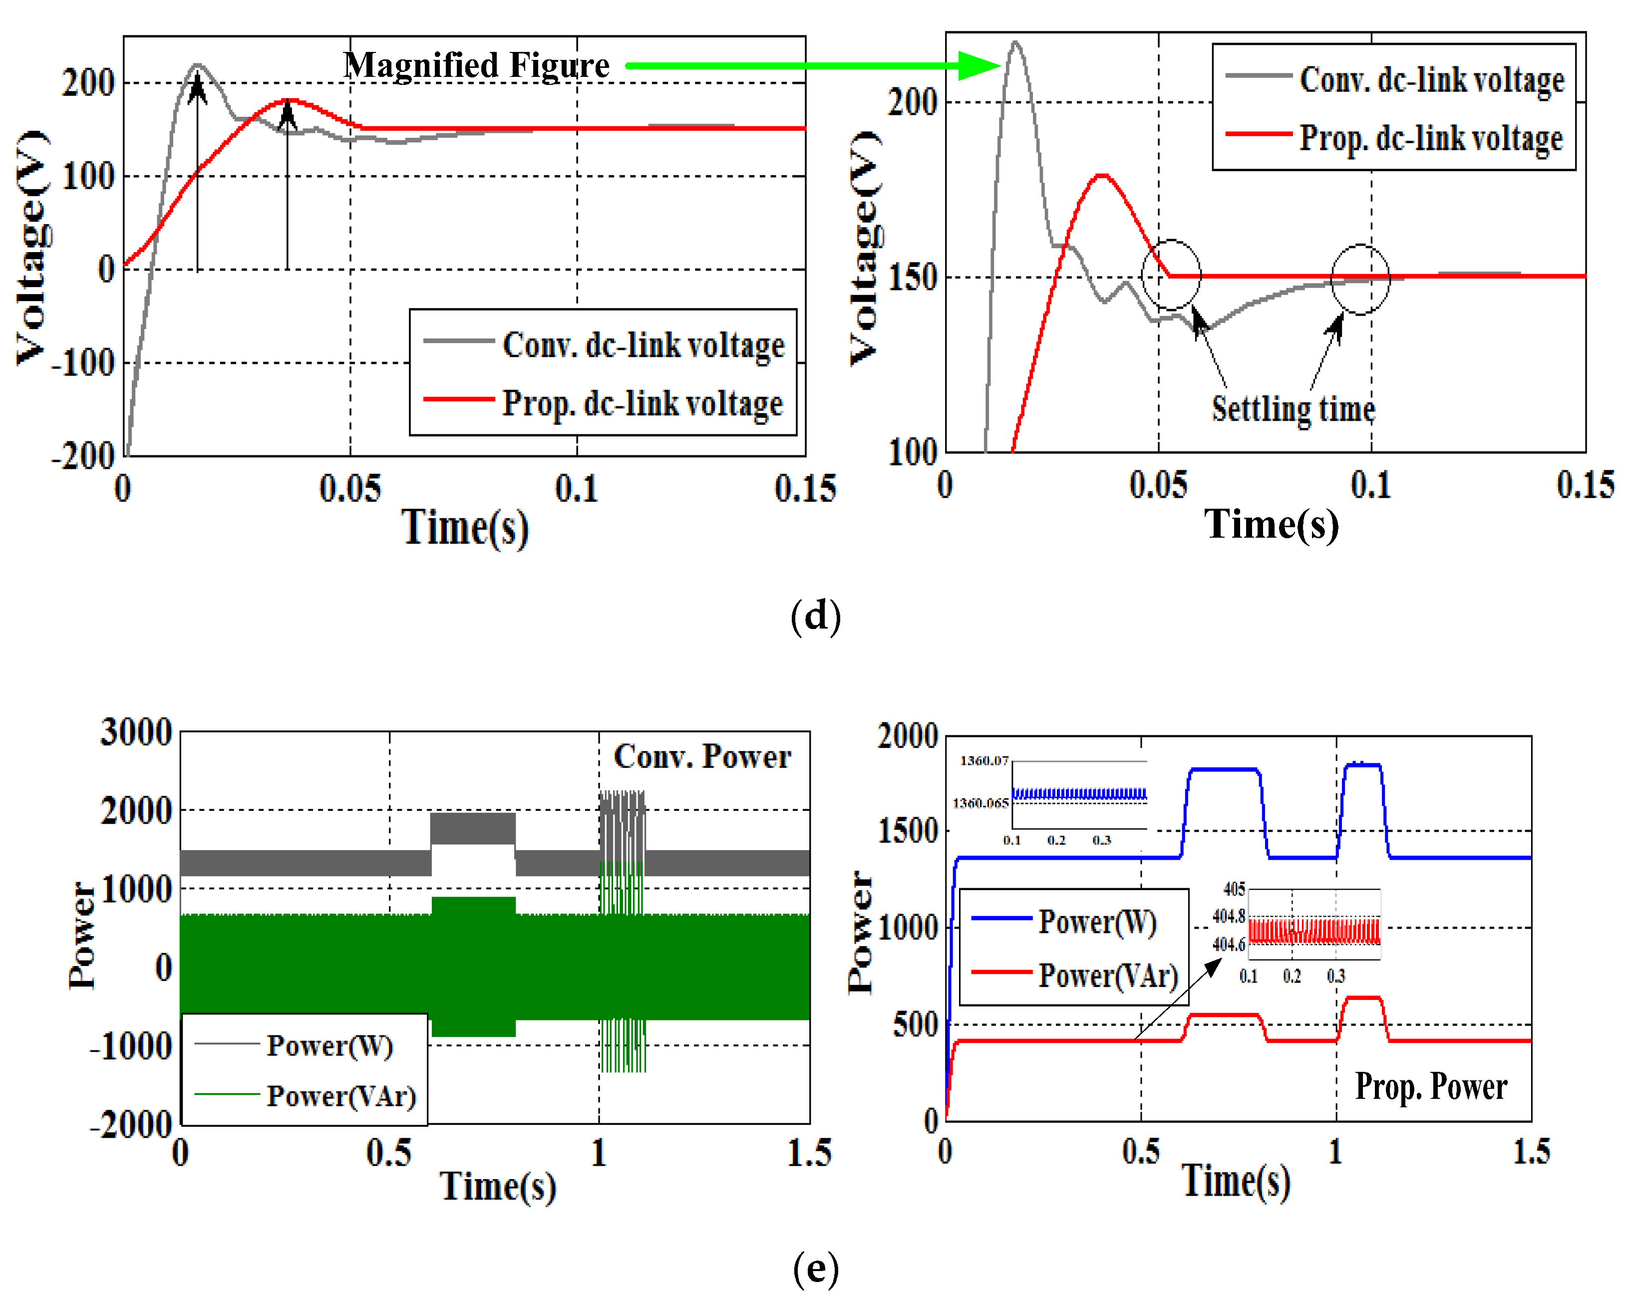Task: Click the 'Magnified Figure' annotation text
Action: point(476,65)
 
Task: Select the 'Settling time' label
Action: point(1293,409)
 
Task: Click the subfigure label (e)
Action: point(815,1268)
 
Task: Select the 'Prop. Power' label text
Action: point(1431,1086)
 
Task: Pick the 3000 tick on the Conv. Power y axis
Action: point(136,732)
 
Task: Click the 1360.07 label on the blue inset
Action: point(984,760)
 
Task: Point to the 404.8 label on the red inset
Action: point(1229,917)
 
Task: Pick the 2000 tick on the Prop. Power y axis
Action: point(908,736)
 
